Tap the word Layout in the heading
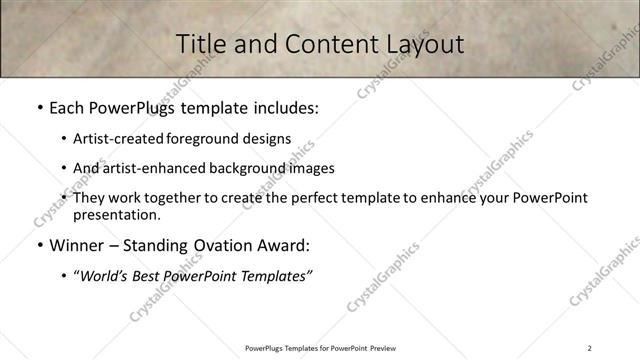pyautogui.click(x=424, y=44)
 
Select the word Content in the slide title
pyautogui.click(x=322, y=44)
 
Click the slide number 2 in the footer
pyautogui.click(x=590, y=348)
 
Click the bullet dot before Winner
pyautogui.click(x=38, y=246)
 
